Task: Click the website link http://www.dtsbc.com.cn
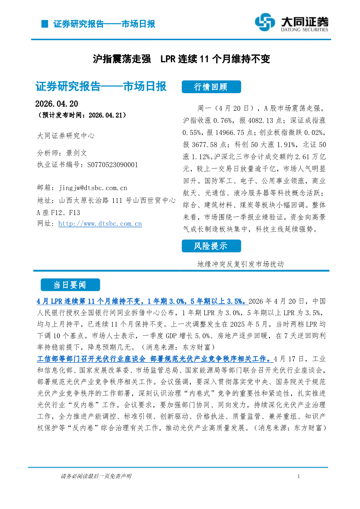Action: coord(100,224)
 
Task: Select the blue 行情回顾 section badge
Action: coord(211,87)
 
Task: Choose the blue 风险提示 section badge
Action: coord(211,246)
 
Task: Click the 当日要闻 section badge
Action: coord(70,285)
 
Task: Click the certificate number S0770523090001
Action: coord(112,165)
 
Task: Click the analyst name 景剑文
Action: coord(78,153)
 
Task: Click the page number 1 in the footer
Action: coord(299,477)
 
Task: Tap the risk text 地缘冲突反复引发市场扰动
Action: coord(240,264)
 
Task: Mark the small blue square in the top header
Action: coord(44,24)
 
